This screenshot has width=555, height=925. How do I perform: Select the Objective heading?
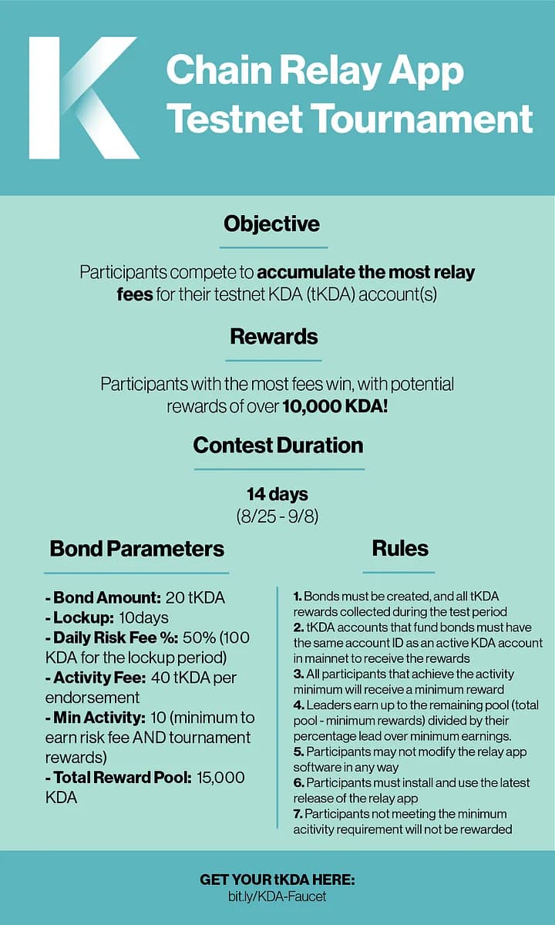click(272, 224)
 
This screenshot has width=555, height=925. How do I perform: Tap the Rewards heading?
click(273, 337)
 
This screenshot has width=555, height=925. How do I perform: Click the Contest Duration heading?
click(277, 445)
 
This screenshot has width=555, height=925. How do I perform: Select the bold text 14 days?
click(277, 493)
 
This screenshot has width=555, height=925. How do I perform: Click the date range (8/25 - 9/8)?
click(277, 515)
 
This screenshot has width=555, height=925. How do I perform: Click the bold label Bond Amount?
click(106, 597)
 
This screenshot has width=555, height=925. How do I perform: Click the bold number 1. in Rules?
click(298, 597)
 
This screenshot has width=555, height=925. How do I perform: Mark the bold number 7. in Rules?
click(298, 813)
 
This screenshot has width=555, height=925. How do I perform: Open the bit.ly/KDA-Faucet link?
click(277, 897)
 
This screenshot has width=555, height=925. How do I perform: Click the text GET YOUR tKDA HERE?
click(277, 880)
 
